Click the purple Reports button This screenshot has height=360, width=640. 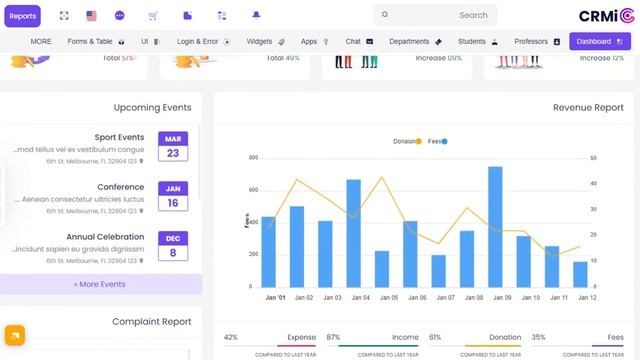pos(22,16)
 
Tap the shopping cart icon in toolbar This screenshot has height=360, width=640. pos(153,16)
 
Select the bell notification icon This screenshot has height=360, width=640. pos(256,16)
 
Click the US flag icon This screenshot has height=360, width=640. pos(92,16)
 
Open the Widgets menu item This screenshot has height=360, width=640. pos(265,42)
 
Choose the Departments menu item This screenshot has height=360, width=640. pos(415,42)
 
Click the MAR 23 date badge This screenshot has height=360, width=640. pos(173,147)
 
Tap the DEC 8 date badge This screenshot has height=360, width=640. pos(173,246)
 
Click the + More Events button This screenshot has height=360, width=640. pos(100,284)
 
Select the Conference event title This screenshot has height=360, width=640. pos(120,187)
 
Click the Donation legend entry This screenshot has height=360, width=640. pos(407,142)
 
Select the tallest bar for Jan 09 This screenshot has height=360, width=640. pos(495,227)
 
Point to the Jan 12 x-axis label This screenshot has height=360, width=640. pos(586,298)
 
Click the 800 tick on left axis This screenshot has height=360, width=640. pos(253,158)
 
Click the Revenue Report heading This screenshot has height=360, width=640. pos(588,107)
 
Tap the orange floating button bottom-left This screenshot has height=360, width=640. pos(14,335)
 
